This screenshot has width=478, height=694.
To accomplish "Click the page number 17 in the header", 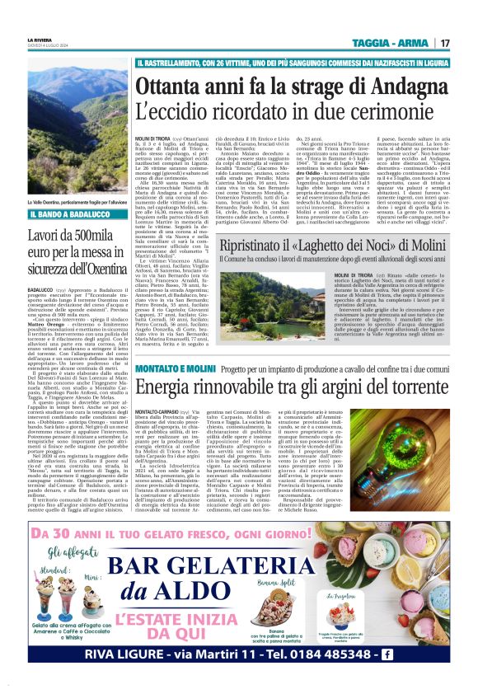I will coord(444,43).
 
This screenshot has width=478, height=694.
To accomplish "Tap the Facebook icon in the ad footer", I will coord(431,654).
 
